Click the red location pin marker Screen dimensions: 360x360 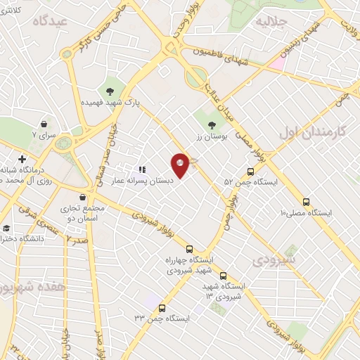181,165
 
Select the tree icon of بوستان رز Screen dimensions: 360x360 212,125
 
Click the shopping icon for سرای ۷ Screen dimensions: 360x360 44,123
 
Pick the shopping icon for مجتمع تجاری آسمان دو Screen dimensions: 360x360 84,198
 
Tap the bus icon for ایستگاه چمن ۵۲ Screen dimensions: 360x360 251,172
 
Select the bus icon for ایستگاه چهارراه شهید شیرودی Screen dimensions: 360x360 189,249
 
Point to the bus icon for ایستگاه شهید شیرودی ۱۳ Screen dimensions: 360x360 224,276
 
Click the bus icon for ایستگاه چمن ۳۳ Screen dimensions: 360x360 162,308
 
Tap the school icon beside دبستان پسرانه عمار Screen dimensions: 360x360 141,169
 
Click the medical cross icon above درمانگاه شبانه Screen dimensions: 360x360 23,160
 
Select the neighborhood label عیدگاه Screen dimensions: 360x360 48,22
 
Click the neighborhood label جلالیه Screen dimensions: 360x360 274,21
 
